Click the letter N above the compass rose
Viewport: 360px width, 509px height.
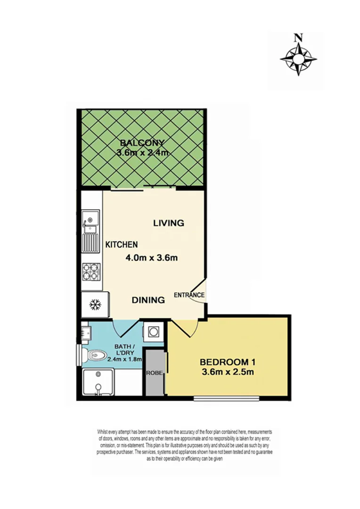tap(297, 38)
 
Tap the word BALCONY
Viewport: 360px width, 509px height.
tap(141, 143)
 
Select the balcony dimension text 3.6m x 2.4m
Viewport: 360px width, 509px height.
tap(142, 153)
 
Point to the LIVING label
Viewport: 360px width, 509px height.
tap(168, 223)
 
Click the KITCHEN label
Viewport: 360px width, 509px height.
tap(121, 245)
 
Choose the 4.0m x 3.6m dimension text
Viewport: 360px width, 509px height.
tap(151, 258)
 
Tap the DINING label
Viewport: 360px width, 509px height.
tap(148, 300)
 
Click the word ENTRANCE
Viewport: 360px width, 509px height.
tap(189, 296)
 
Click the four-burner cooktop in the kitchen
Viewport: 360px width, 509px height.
tap(91, 271)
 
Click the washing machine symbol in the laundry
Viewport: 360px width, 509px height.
tap(153, 332)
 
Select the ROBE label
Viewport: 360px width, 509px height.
tap(154, 372)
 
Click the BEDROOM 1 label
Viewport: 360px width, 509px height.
tap(227, 362)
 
